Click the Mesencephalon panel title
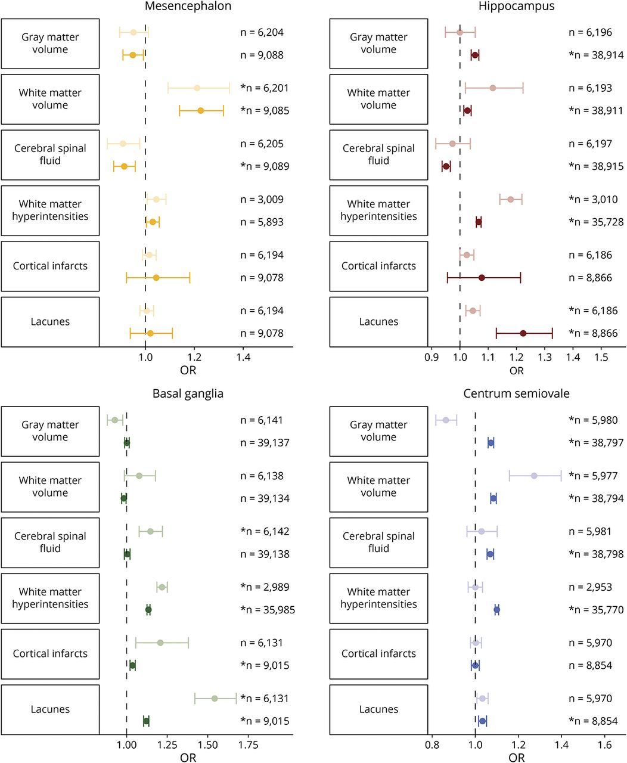(x=188, y=7)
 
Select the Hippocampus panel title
(x=516, y=7)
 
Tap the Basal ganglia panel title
(x=188, y=394)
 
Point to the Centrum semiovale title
(x=516, y=394)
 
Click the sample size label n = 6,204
(x=262, y=32)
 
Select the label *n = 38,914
(x=596, y=55)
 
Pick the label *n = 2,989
(x=265, y=587)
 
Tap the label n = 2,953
(x=590, y=587)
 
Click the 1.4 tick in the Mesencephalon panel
(x=243, y=357)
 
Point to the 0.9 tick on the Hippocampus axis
(x=432, y=357)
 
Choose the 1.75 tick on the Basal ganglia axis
(x=249, y=745)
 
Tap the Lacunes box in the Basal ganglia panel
(x=50, y=709)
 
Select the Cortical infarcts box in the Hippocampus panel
(x=378, y=266)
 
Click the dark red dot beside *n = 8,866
(x=523, y=333)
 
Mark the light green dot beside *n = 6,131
(x=215, y=699)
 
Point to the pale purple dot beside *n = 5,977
(x=534, y=476)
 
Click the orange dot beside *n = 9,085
(x=201, y=111)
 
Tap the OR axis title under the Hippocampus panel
(x=516, y=370)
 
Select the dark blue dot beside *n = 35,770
(x=496, y=610)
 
